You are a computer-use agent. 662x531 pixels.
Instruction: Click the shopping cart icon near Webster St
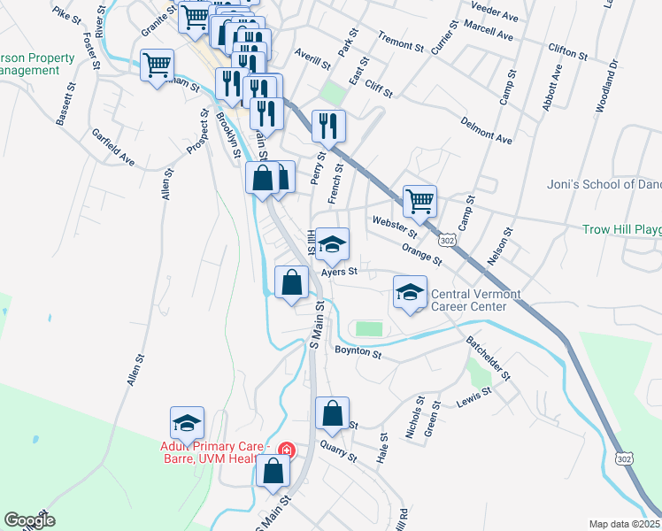pyautogui.click(x=420, y=200)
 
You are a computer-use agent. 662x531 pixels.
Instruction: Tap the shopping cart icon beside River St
pyautogui.click(x=157, y=65)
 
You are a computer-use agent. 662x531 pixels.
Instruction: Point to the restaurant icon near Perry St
pyautogui.click(x=328, y=127)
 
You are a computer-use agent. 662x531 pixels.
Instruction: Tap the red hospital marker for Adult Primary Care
pyautogui.click(x=286, y=450)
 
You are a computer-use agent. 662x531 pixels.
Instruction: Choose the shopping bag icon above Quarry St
pyautogui.click(x=331, y=413)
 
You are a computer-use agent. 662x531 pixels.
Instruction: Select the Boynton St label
pyautogui.click(x=358, y=354)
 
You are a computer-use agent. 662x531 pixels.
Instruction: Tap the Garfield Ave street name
pyautogui.click(x=113, y=148)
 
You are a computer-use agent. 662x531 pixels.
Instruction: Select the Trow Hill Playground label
pyautogui.click(x=621, y=229)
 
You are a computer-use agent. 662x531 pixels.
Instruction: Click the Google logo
pyautogui.click(x=29, y=520)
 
